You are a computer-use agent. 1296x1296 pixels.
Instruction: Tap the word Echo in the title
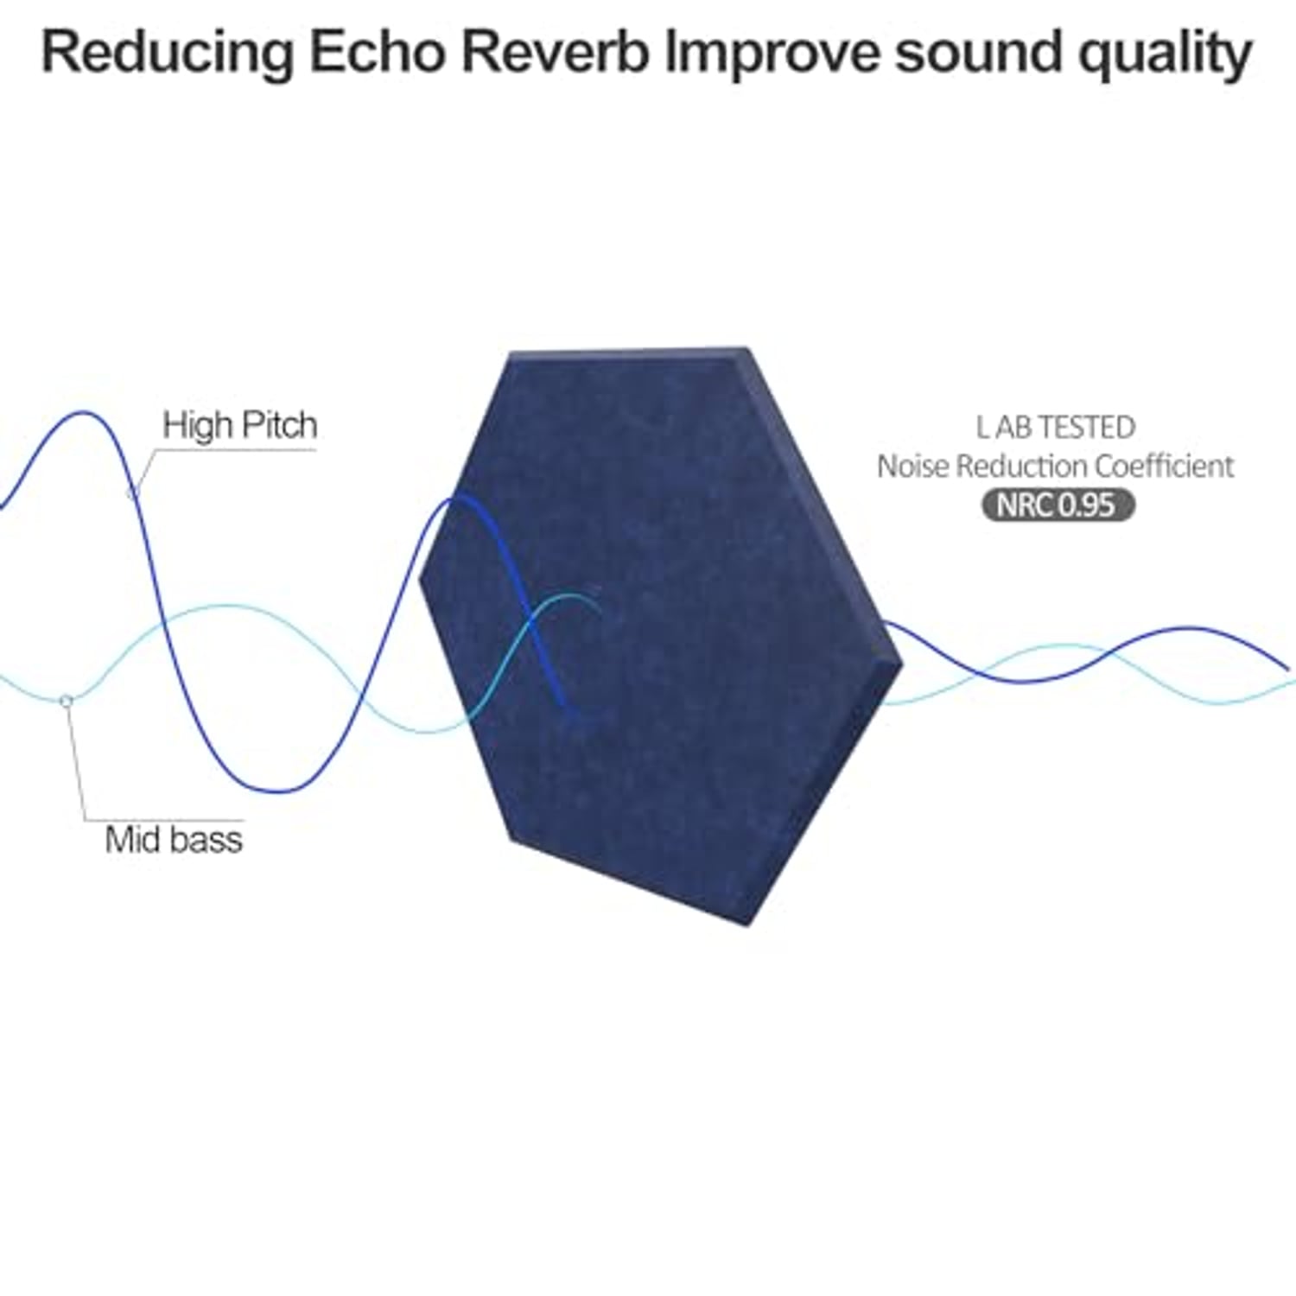[377, 53]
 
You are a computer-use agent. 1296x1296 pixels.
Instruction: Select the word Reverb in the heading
[555, 53]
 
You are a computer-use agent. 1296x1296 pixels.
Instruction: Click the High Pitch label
[240, 425]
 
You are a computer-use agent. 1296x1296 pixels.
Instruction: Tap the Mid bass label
[174, 840]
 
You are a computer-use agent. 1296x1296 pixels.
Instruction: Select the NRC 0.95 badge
[1058, 505]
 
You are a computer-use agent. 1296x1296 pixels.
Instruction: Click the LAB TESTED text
[1056, 427]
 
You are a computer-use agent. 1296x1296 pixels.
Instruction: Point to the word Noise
[913, 467]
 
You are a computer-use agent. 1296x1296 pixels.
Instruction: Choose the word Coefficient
[1165, 467]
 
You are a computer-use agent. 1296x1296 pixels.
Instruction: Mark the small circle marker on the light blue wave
[66, 700]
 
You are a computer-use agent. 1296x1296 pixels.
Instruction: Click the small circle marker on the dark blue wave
[132, 493]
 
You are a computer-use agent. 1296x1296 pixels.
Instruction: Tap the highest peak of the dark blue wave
[83, 413]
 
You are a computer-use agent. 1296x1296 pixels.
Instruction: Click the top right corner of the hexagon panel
[746, 348]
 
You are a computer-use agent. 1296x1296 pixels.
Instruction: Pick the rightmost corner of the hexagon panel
[903, 664]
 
